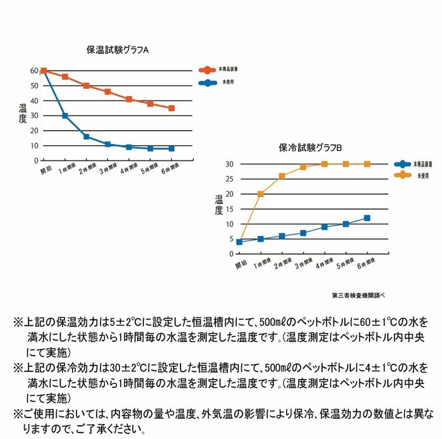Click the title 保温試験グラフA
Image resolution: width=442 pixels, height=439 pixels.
pyautogui.click(x=117, y=49)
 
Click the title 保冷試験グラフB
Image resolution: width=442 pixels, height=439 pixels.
pyautogui.click(x=310, y=147)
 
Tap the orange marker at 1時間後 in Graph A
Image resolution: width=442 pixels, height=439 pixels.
pyautogui.click(x=65, y=76)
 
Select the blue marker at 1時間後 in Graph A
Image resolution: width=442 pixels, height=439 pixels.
pyautogui.click(x=65, y=116)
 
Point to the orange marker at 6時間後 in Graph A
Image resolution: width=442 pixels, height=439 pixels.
pyautogui.click(x=171, y=108)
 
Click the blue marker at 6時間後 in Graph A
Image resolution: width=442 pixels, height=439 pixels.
pyautogui.click(x=171, y=148)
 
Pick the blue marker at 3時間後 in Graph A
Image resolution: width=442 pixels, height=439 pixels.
pyautogui.click(x=108, y=144)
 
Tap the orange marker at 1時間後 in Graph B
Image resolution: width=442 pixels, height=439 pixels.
pyautogui.click(x=260, y=194)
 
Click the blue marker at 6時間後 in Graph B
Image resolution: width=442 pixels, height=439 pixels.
pyautogui.click(x=367, y=218)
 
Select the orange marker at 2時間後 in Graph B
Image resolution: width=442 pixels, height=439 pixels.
pyautogui.click(x=282, y=176)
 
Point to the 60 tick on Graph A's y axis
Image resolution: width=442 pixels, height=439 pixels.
pyautogui.click(x=34, y=71)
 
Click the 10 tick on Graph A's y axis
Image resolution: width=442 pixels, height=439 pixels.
pyautogui.click(x=34, y=145)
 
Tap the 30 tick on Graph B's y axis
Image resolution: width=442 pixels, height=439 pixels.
pyautogui.click(x=230, y=164)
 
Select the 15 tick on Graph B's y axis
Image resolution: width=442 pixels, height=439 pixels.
pyautogui.click(x=230, y=209)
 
